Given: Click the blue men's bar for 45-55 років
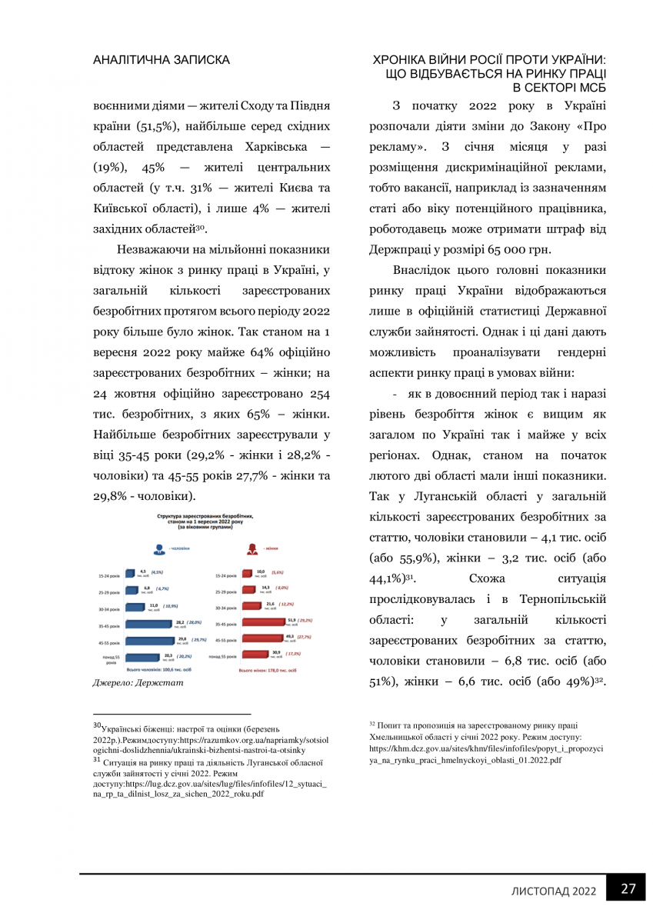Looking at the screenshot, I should pyautogui.click(x=151, y=640).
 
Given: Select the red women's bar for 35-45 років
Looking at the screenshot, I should pyautogui.click(x=263, y=623).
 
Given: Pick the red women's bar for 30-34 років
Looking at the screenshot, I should pyautogui.click(x=252, y=606).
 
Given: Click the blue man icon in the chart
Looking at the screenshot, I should pyautogui.click(x=158, y=549).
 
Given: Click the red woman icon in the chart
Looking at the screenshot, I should pyautogui.click(x=252, y=549).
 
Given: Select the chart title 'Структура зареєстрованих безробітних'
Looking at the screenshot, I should pyautogui.click(x=204, y=516).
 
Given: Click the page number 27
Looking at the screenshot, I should pyautogui.click(x=628, y=888).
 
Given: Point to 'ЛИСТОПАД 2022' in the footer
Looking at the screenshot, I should pyautogui.click(x=555, y=891).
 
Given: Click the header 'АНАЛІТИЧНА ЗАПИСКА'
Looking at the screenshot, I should pyautogui.click(x=161, y=59).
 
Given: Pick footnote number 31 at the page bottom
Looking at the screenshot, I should pyautogui.click(x=97, y=756).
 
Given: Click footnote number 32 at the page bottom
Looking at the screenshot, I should pyautogui.click(x=372, y=724).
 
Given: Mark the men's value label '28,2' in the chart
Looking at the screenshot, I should pyautogui.click(x=179, y=621).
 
